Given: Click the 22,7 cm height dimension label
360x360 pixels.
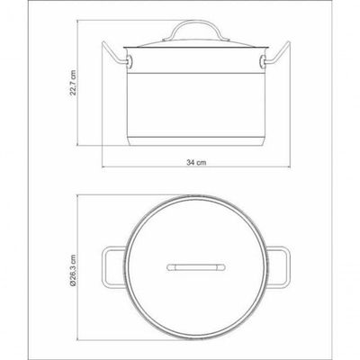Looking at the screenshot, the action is [73, 83].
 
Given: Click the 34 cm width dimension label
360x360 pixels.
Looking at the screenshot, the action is [196, 163].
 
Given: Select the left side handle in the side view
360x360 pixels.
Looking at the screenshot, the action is [114, 54].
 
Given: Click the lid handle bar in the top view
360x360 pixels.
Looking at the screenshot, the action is [196, 267].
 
